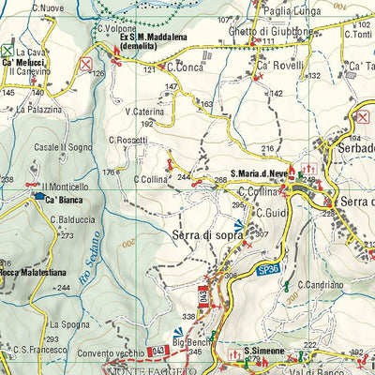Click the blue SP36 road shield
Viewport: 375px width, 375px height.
point(269,270)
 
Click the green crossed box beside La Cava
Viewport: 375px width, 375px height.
point(7,51)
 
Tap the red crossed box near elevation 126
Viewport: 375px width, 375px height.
point(86,64)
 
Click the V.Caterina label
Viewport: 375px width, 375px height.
point(143,111)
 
